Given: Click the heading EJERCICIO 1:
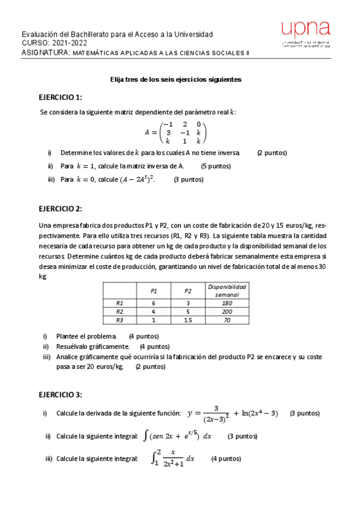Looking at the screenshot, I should (60, 97).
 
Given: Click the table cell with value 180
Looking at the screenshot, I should (227, 303).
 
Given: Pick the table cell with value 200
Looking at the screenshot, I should (227, 312).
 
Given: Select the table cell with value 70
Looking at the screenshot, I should (227, 321).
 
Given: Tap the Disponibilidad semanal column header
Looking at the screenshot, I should (227, 290).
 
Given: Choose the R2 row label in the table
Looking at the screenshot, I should (119, 312).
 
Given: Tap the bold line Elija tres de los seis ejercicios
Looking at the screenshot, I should (175, 79).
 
